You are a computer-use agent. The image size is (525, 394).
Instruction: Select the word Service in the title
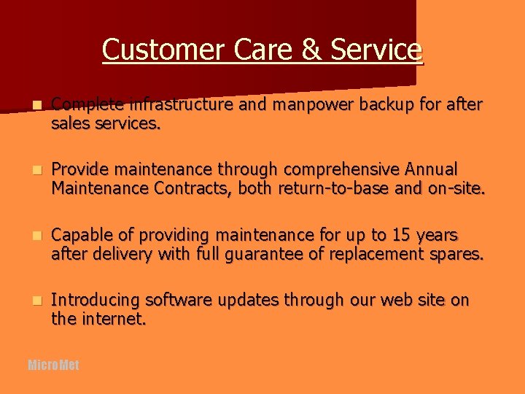tap(376, 50)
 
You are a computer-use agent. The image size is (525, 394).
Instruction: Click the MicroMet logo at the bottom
tap(53, 365)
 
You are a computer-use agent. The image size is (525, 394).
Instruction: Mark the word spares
tap(456, 255)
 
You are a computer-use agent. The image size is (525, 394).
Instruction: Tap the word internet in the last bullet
tap(116, 319)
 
